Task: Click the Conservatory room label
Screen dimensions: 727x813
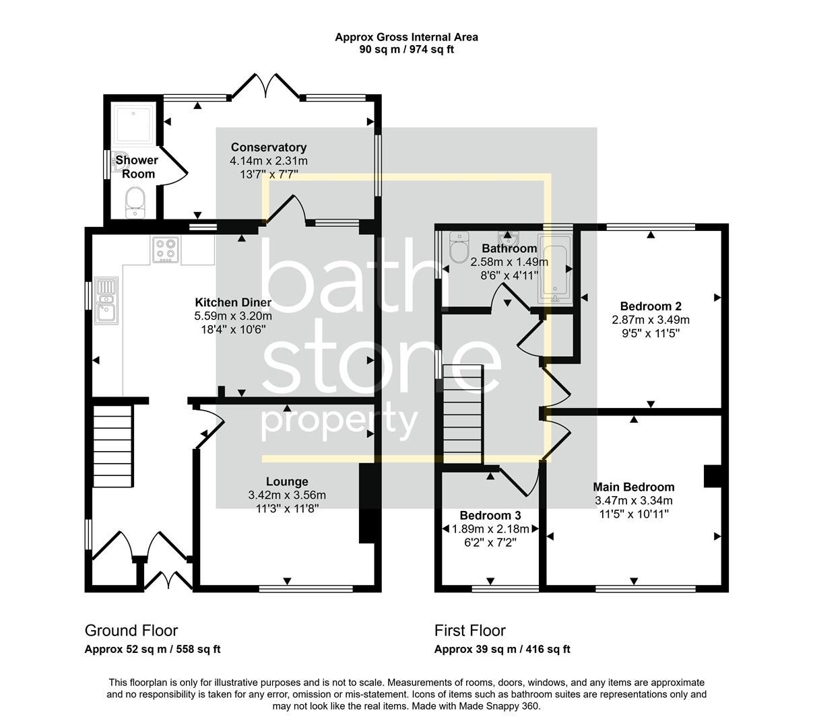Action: coord(268,147)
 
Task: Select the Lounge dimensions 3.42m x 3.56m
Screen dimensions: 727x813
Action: coord(287,495)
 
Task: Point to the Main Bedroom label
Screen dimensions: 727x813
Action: coord(633,487)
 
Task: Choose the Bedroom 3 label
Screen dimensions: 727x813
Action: coord(490,516)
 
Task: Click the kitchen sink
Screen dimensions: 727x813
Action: coord(106,300)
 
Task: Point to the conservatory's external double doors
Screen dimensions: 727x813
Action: coord(268,86)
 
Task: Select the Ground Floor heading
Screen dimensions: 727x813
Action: coord(131,631)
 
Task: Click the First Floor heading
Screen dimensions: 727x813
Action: coord(469,631)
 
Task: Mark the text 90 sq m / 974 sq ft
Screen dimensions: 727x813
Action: coord(406,49)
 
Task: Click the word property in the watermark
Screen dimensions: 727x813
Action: coord(339,422)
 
